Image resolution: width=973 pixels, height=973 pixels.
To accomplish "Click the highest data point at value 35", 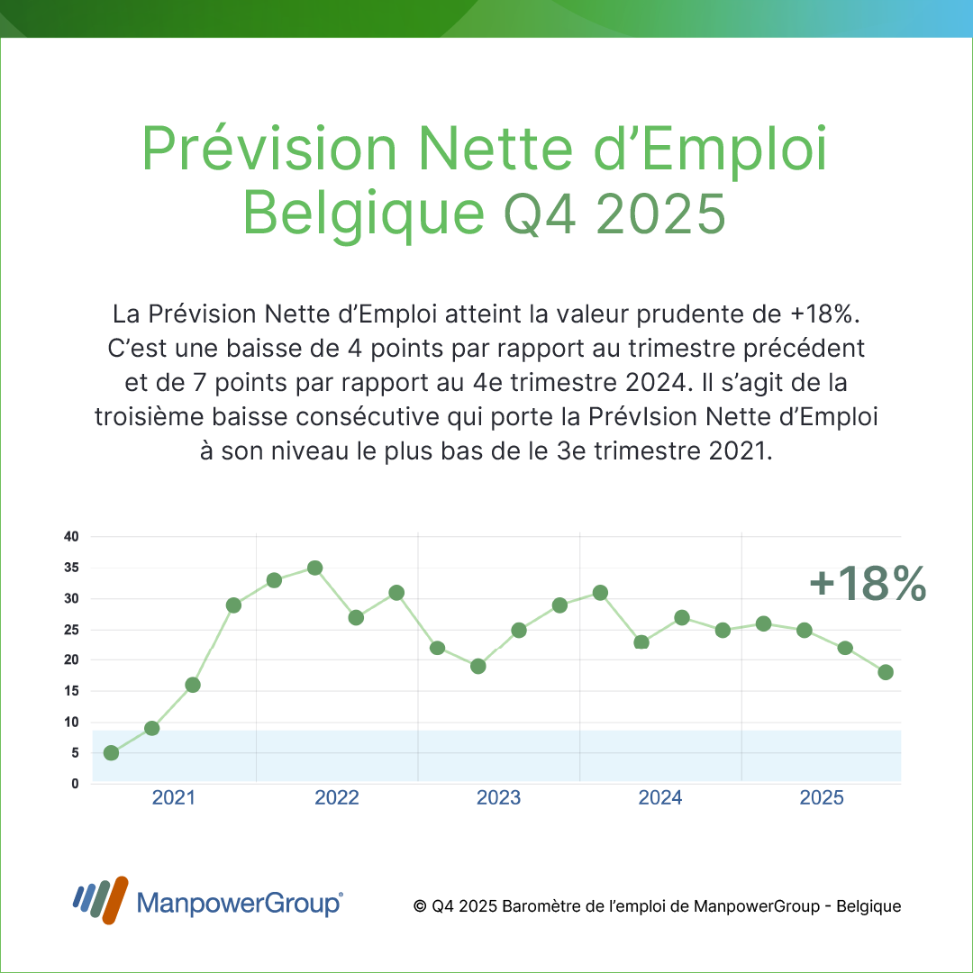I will click(314, 568).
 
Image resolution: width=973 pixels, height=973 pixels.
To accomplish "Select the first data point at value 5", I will click(111, 752).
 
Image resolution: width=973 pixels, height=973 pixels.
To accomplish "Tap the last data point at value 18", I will click(886, 672).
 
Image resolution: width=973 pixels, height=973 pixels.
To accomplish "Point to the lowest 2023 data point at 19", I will click(478, 667).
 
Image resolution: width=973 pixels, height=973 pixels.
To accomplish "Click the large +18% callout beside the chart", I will click(867, 584).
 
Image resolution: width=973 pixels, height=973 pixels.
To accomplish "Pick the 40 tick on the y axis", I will click(71, 537).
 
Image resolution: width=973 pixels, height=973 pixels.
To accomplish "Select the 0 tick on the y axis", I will click(76, 784).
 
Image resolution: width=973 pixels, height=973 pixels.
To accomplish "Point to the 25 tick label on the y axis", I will click(71, 630).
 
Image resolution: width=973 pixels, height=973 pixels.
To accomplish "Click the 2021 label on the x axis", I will click(174, 798).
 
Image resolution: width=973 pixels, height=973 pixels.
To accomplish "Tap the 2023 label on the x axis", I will click(498, 798).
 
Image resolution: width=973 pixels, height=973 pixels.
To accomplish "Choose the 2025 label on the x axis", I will click(822, 798).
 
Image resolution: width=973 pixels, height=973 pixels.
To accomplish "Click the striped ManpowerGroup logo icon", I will click(100, 900).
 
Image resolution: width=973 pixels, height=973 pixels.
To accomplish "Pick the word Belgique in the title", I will click(365, 214).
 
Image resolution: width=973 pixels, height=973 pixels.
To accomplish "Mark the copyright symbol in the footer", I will click(419, 906).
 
